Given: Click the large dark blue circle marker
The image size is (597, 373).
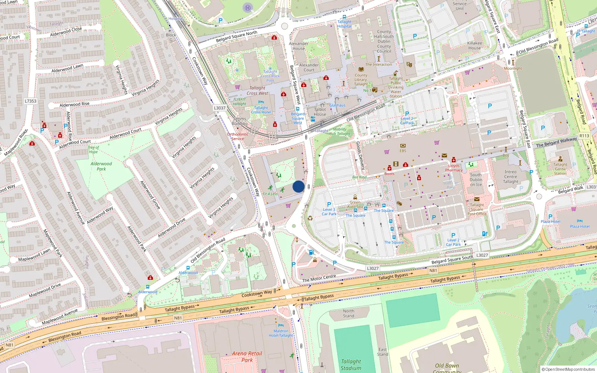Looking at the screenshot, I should (298, 186).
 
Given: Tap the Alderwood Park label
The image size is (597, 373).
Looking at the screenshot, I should (101, 166).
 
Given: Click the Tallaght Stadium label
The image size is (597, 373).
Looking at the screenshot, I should (351, 365).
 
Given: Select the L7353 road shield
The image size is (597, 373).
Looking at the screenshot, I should (31, 101).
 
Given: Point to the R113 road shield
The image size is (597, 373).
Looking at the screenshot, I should (584, 136).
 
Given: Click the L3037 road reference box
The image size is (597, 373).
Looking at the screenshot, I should (219, 108).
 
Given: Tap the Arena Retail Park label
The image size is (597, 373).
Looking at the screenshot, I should (247, 357).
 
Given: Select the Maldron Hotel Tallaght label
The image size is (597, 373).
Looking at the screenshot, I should (281, 333).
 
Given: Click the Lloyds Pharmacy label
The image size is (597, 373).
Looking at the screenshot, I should (454, 168).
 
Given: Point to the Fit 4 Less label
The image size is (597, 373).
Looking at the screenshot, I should (270, 194).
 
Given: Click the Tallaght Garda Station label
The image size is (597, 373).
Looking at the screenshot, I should (560, 169).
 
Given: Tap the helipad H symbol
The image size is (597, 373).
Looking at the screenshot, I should (247, 7).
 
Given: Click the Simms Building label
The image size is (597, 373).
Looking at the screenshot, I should (240, 121).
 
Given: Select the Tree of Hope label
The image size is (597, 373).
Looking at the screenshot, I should (93, 150).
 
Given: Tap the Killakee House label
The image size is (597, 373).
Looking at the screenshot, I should (475, 46).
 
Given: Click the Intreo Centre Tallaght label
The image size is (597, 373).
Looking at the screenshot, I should (510, 177).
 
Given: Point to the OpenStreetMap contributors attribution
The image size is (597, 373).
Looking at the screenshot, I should (568, 369).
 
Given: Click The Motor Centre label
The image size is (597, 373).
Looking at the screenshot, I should (319, 278).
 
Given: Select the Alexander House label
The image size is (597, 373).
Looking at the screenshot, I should (298, 46).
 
